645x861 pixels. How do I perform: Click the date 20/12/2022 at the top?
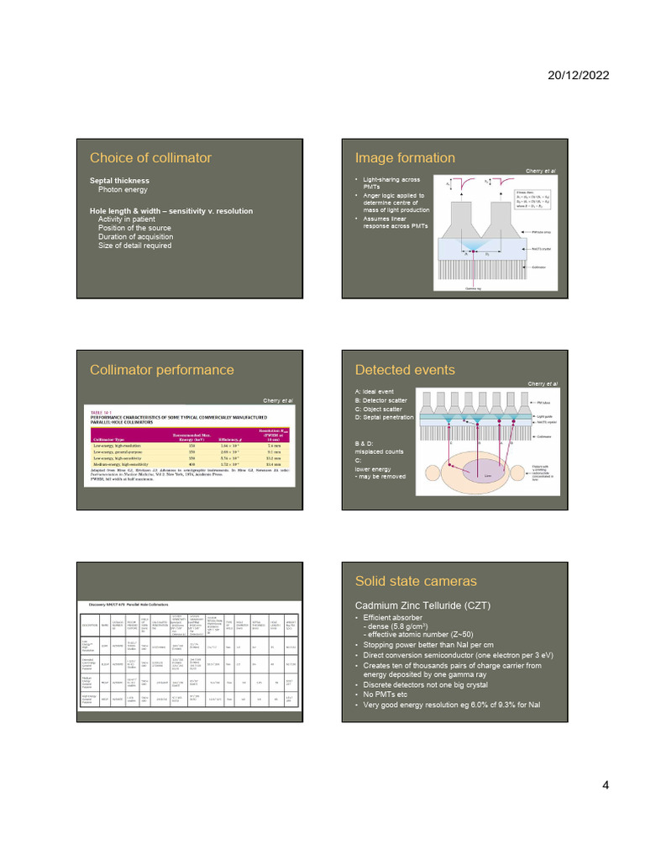[579, 75]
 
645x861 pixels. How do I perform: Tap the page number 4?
[605, 786]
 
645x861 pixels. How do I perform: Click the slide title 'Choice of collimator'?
[150, 158]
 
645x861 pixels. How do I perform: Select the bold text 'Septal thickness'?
[119, 181]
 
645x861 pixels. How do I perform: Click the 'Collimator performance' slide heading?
[162, 370]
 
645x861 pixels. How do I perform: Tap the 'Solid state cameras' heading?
[416, 582]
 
